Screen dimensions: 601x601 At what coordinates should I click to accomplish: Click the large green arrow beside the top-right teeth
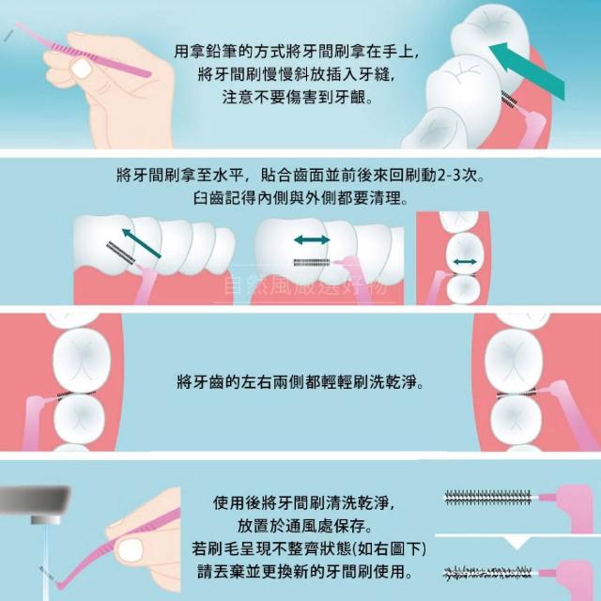(527, 71)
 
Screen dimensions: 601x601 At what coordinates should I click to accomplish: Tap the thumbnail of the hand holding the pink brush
(82, 69)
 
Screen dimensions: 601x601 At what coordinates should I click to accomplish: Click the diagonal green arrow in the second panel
(141, 243)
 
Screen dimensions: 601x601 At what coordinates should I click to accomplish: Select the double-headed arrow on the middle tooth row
(312, 240)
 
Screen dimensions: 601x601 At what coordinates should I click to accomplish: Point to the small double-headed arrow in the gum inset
(465, 262)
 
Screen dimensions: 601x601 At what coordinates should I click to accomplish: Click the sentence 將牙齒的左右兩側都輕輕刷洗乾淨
(300, 382)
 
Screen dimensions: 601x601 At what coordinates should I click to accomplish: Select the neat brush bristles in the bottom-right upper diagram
(487, 497)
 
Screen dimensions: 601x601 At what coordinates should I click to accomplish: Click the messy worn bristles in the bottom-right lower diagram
(487, 574)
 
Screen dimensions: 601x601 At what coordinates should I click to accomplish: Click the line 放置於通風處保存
(304, 526)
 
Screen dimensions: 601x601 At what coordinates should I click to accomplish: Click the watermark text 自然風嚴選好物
(304, 285)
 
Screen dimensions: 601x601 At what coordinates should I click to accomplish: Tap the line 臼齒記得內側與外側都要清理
(300, 198)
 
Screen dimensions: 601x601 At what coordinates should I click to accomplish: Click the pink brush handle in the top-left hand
(83, 51)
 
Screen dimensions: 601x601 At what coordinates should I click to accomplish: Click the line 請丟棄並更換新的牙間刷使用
(305, 572)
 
